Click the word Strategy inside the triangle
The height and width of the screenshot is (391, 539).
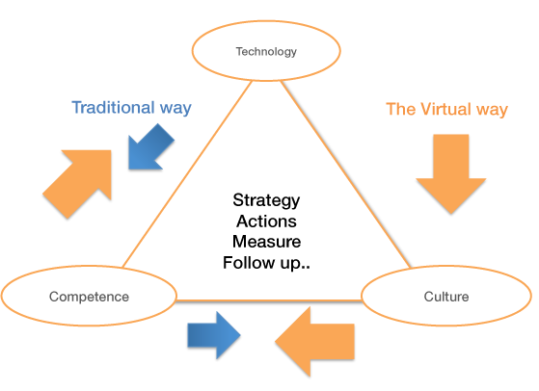(x=266, y=200)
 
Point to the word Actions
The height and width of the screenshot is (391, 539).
(x=266, y=222)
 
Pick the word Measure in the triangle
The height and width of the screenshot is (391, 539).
(x=266, y=242)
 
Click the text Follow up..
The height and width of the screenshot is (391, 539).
(x=266, y=263)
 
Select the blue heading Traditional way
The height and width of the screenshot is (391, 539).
(x=131, y=108)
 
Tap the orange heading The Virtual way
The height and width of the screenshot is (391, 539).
(x=446, y=110)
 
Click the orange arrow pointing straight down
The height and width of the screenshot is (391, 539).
(x=451, y=173)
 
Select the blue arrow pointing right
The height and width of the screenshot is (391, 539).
(x=214, y=335)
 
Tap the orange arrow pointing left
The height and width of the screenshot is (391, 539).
(x=314, y=342)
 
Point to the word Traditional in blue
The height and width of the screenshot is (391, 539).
(x=113, y=108)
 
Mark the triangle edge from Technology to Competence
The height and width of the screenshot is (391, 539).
(x=187, y=173)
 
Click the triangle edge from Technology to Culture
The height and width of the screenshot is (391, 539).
(x=345, y=173)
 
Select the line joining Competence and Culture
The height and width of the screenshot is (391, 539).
(x=269, y=300)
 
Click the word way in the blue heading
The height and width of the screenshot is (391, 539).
(x=175, y=109)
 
